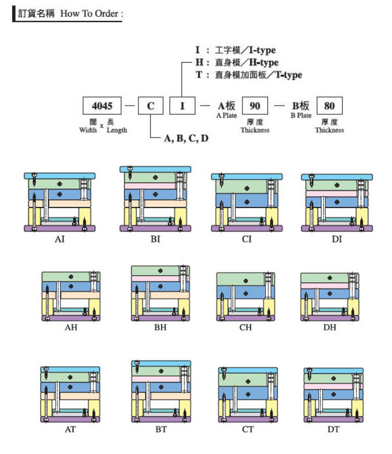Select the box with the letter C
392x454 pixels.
coord(151,106)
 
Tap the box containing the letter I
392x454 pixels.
coord(182,106)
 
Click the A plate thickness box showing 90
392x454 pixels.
coord(255,106)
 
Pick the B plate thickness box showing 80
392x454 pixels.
coord(329,106)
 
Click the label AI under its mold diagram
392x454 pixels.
coord(59,239)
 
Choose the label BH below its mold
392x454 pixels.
coord(160,327)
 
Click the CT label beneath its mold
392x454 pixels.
coord(247,429)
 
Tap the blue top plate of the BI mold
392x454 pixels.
coord(155,169)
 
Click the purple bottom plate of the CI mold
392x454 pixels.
coord(247,228)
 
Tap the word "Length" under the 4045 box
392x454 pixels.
coord(116,130)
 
